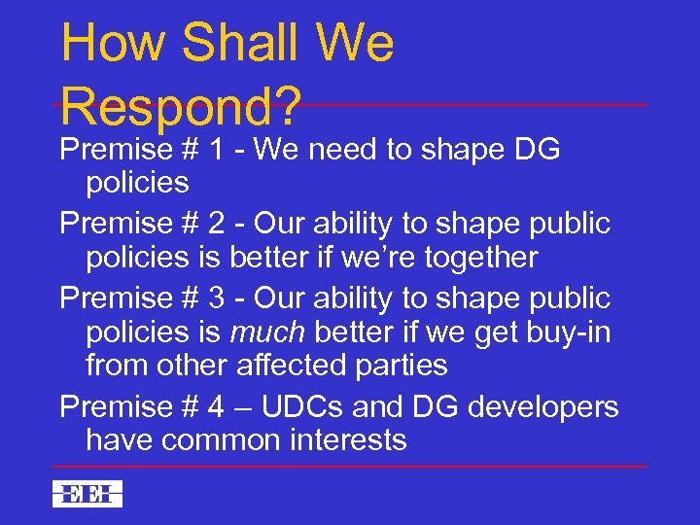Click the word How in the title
click(x=110, y=45)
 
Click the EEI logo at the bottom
click(x=87, y=494)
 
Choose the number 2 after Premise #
click(x=217, y=224)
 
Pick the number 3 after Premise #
click(x=217, y=297)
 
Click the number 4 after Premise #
click(x=217, y=406)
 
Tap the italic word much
click(x=265, y=332)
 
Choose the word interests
click(x=349, y=440)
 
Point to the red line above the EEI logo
click(x=350, y=467)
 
